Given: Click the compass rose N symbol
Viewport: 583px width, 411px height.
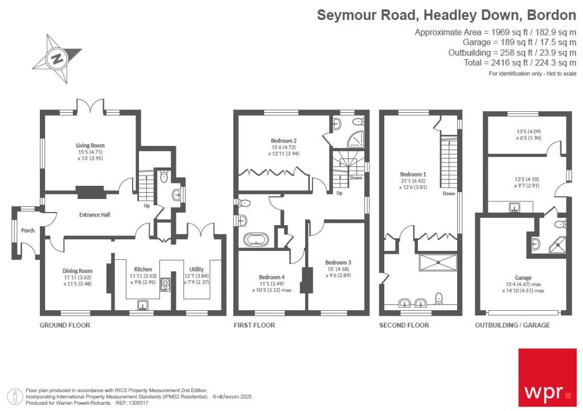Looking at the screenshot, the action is coord(57,59).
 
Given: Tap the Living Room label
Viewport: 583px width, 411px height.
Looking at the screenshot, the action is coord(90,145).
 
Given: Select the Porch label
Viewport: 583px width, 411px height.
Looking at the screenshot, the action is coord(27,230).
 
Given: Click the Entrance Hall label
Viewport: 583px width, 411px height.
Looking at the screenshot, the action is coord(95,214).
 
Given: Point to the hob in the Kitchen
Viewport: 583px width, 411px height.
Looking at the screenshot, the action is coord(165,285).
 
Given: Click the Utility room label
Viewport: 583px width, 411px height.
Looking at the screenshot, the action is coord(196,269).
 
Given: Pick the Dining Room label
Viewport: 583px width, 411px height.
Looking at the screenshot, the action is coord(77,271).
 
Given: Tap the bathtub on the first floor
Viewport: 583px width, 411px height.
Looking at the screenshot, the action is coord(256,240).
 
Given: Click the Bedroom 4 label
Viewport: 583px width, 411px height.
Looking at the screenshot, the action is coord(272,277).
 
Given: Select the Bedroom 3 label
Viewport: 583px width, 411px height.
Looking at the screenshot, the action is coord(338,262).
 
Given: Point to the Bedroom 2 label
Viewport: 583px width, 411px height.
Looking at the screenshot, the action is coord(284,141).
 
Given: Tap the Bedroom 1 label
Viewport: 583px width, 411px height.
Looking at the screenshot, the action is coord(413,174).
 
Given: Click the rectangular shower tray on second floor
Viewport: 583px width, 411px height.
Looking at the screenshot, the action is coord(438,262).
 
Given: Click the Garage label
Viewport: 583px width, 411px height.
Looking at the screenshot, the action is coord(523,278).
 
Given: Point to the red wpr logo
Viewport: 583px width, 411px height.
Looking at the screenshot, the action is coord(548,377).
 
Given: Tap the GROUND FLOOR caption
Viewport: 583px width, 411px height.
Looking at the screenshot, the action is coord(65,325).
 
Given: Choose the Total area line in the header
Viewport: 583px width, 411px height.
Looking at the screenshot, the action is coord(520,63).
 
